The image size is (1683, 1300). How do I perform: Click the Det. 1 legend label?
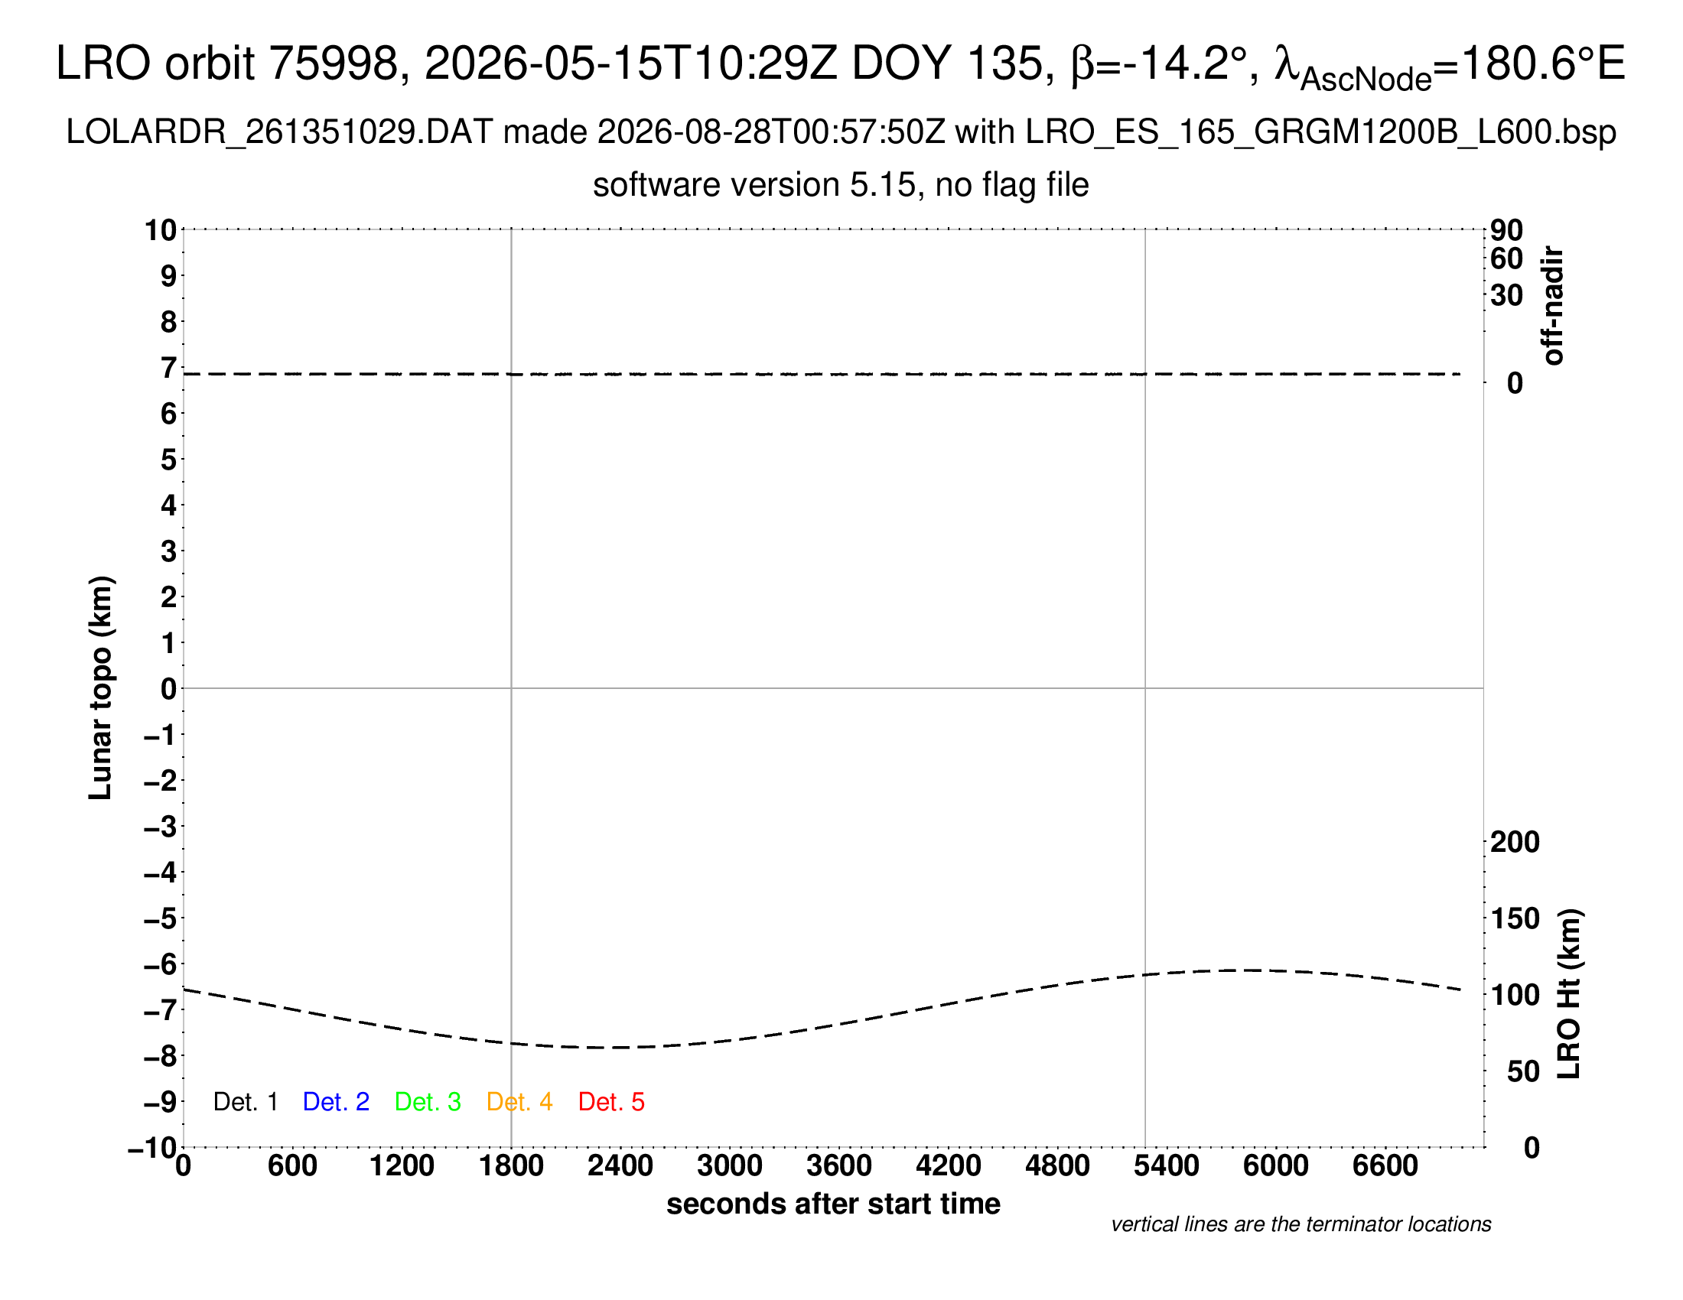point(245,1102)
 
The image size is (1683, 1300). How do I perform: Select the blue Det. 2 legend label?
point(336,1102)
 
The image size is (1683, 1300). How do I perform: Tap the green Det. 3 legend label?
point(428,1102)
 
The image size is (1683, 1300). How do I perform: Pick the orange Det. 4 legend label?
point(519,1102)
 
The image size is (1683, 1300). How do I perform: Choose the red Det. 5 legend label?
point(611,1102)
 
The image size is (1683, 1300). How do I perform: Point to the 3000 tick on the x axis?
point(730,1166)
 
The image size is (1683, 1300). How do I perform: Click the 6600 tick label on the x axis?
point(1385,1166)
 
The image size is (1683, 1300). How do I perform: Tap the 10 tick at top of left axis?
point(161,229)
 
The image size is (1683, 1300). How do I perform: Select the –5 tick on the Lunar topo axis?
point(161,918)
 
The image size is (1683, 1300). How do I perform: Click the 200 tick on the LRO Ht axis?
point(1515,843)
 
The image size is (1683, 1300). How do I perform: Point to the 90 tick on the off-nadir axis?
point(1506,230)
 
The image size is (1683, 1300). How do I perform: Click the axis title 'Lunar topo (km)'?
point(101,687)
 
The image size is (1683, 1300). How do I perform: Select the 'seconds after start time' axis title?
point(833,1204)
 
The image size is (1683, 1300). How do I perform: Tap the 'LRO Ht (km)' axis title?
point(1569,994)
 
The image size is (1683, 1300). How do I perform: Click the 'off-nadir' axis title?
point(1554,306)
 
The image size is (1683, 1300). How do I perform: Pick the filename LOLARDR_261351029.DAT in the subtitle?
point(279,132)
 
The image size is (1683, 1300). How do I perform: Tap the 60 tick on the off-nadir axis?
point(1506,258)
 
